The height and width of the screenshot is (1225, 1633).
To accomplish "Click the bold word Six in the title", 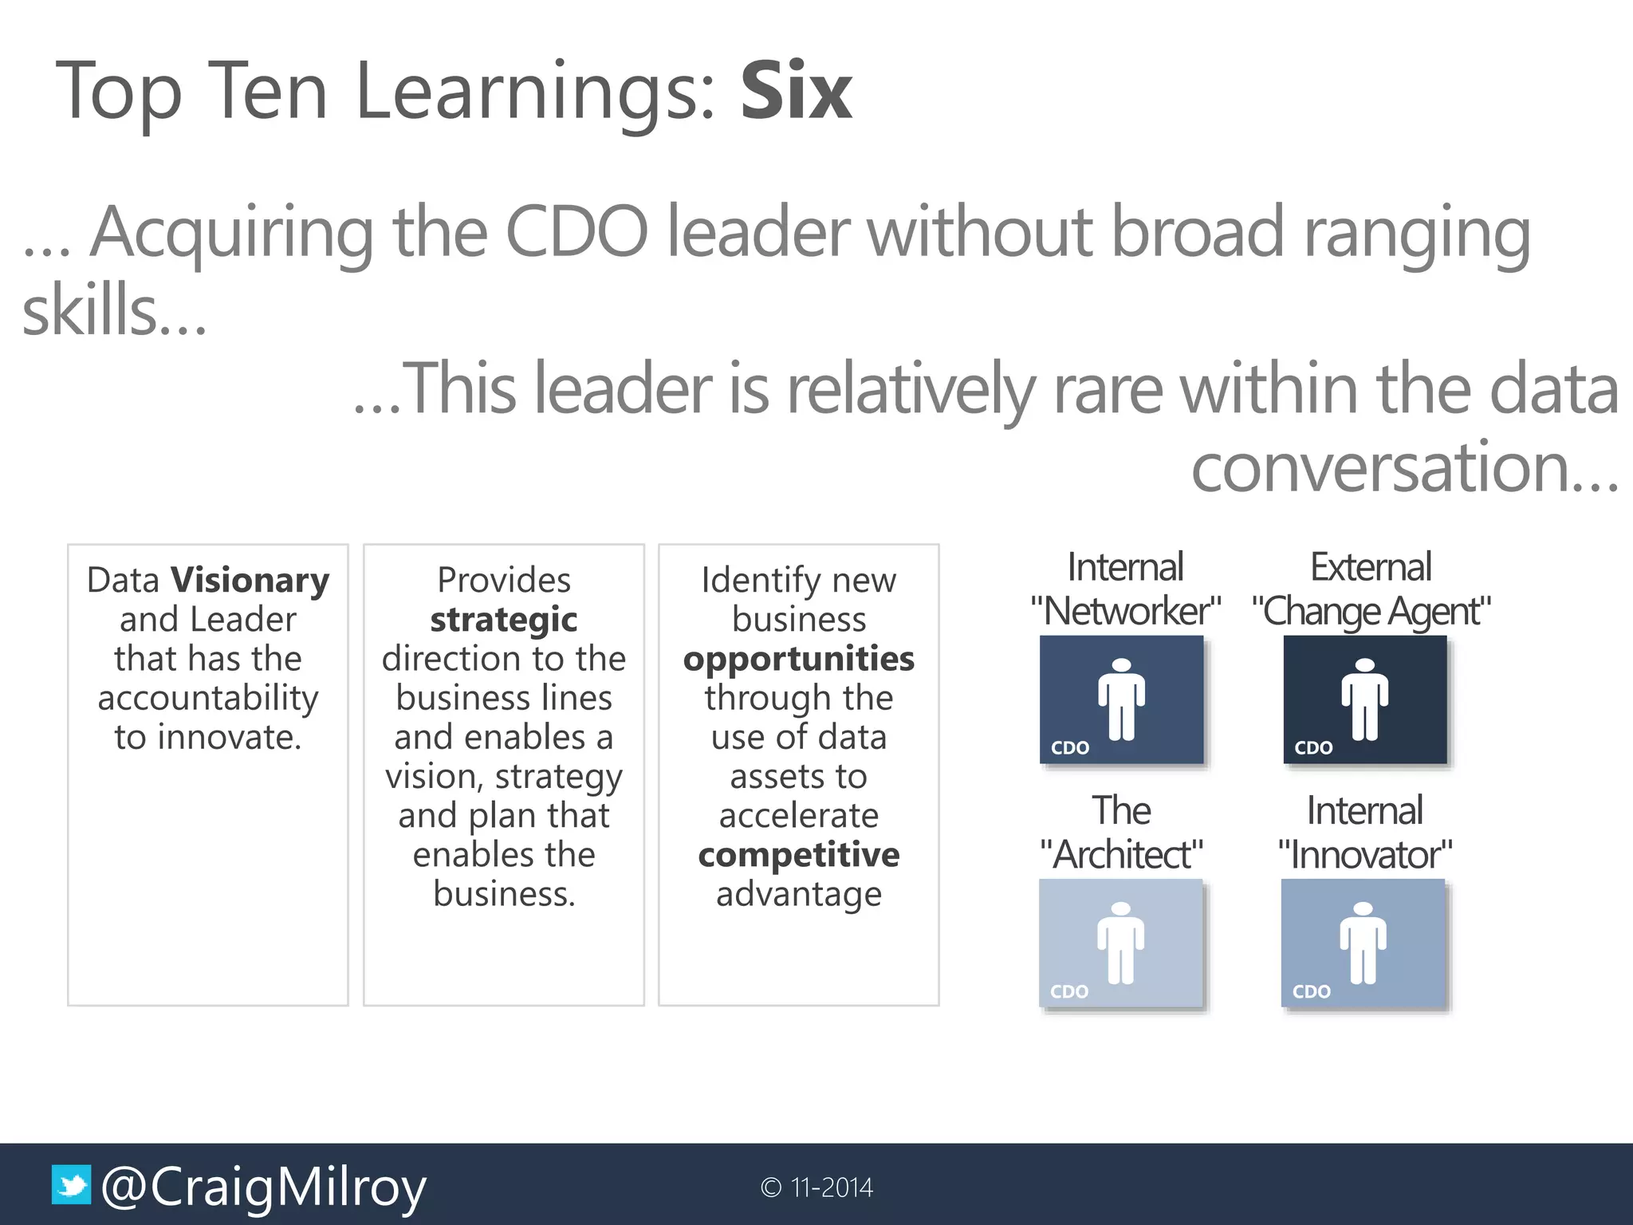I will (796, 92).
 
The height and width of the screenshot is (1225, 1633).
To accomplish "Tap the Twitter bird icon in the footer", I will (71, 1185).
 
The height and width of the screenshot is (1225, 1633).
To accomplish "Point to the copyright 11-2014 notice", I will (817, 1188).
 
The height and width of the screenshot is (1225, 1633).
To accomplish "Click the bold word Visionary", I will (250, 581).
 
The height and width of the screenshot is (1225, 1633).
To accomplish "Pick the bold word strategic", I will (504, 620).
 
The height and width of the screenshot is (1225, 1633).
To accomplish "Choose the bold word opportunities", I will (799, 659).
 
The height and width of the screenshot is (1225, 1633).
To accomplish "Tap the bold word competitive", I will (799, 855).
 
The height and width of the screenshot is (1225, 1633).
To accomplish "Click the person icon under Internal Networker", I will (1121, 699).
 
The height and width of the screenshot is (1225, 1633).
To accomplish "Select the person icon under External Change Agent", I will (1364, 699).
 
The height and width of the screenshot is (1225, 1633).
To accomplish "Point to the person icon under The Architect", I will (1120, 943).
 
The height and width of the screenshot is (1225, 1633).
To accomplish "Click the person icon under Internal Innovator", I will (1363, 943).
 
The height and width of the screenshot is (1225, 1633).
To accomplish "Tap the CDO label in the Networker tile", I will (1070, 748).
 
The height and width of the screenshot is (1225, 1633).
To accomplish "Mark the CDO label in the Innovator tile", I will (1312, 991).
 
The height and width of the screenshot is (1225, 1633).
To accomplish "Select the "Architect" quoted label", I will (1122, 856).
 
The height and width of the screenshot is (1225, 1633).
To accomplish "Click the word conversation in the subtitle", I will (1403, 467).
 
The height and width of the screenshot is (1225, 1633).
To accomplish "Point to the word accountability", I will (208, 698).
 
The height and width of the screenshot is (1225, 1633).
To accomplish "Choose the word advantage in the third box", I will (799, 894).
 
